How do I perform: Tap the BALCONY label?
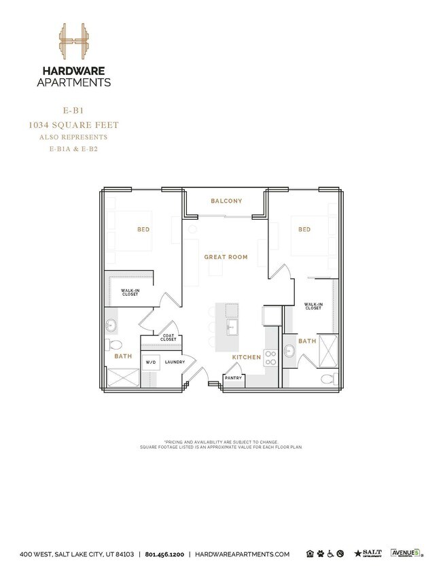click(226, 201)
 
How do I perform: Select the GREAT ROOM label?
click(226, 257)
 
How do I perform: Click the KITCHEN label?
click(247, 356)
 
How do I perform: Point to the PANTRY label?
click(234, 379)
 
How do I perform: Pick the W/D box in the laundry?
click(151, 362)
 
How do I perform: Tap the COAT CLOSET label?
click(169, 337)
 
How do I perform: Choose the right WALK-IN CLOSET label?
click(313, 307)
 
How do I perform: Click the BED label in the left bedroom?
click(143, 230)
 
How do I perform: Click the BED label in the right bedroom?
click(304, 230)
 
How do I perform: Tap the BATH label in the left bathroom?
click(123, 356)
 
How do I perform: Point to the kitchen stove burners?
click(269, 358)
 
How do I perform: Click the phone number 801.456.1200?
click(166, 554)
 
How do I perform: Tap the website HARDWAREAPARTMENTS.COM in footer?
click(243, 554)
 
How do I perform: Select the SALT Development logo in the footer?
click(369, 554)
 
